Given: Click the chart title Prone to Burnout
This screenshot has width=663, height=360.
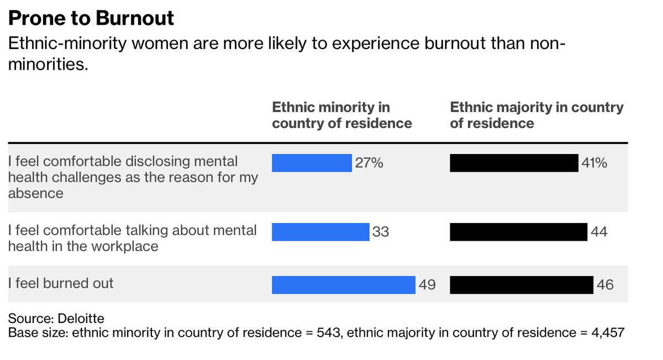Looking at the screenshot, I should click(91, 18).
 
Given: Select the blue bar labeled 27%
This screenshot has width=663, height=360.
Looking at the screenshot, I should click(312, 163).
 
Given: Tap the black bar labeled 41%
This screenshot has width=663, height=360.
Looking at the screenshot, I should click(514, 163).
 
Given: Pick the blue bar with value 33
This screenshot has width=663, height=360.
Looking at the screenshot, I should click(320, 232).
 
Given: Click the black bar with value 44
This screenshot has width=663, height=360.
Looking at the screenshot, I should click(518, 232).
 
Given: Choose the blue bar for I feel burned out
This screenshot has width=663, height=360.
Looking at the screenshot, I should click(343, 285).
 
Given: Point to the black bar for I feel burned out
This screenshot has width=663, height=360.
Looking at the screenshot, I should click(522, 285).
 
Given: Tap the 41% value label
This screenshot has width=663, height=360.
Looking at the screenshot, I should click(594, 163).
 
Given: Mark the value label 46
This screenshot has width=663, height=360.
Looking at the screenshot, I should click(605, 285).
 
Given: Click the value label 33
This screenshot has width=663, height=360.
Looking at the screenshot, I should click(381, 232).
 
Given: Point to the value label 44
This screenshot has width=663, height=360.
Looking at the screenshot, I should click(599, 232).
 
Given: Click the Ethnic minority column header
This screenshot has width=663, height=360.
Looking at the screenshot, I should click(341, 115).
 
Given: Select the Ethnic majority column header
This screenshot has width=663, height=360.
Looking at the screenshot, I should click(536, 115).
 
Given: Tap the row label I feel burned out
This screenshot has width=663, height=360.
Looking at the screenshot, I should click(61, 283).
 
